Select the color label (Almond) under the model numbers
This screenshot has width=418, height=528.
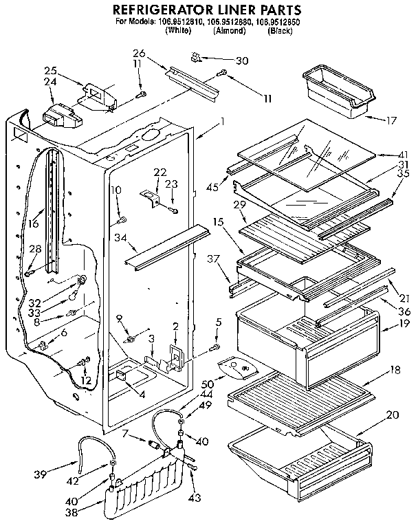(227, 32)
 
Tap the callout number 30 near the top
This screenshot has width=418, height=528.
(241, 60)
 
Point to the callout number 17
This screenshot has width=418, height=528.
(390, 121)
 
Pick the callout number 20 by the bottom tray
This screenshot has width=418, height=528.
(393, 415)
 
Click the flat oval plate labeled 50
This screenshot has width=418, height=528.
(235, 371)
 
